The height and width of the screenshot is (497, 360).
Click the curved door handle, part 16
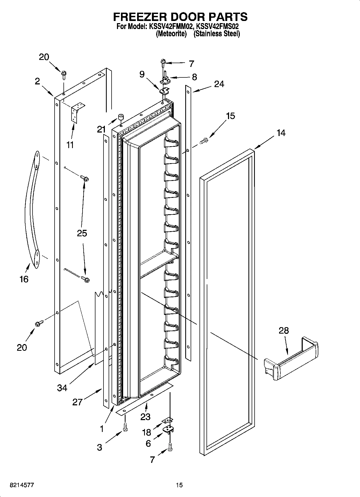33,210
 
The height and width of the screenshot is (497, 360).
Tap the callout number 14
281,133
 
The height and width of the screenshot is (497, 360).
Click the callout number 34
62,388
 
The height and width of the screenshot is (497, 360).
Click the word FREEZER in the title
140,17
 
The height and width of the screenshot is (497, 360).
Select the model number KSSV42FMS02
218,27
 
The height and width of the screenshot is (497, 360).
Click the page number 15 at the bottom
179,485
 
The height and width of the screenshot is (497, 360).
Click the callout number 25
82,233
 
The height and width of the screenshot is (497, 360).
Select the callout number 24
219,84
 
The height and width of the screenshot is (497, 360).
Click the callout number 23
145,416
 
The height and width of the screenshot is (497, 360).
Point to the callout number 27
77,402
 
